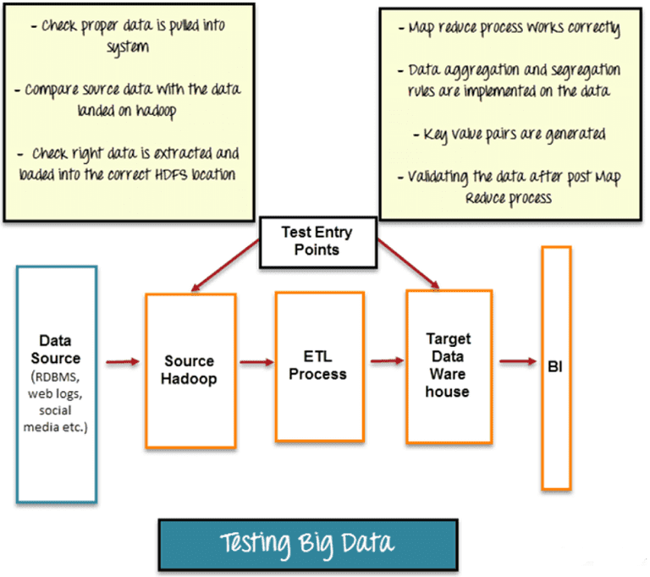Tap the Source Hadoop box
190,370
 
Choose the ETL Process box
319,365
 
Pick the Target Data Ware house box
449,366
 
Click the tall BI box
555,368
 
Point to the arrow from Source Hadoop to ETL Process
255,363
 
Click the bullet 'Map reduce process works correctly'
510,30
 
